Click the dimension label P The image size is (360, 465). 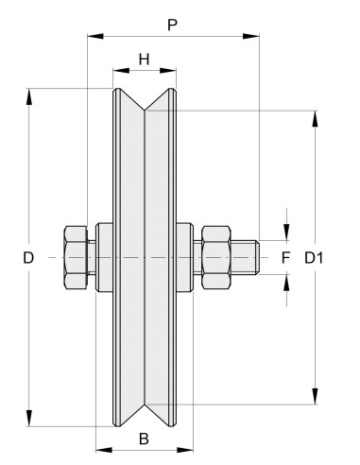pos(172,24)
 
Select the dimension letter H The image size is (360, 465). pos(145,59)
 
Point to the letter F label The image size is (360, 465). pos(287,257)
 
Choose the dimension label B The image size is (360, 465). pos(145,439)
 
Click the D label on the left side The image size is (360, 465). pos(29,257)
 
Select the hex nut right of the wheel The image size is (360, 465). pos(215,257)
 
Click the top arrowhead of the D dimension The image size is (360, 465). pos(30,95)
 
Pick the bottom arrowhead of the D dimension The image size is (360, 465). pos(30,420)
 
